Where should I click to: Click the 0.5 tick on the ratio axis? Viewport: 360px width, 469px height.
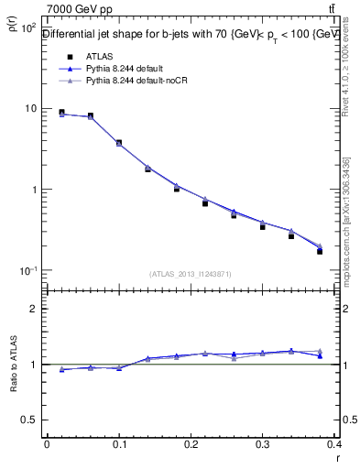pos(29,420)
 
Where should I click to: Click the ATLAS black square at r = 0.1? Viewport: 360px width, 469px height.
pos(119,143)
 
